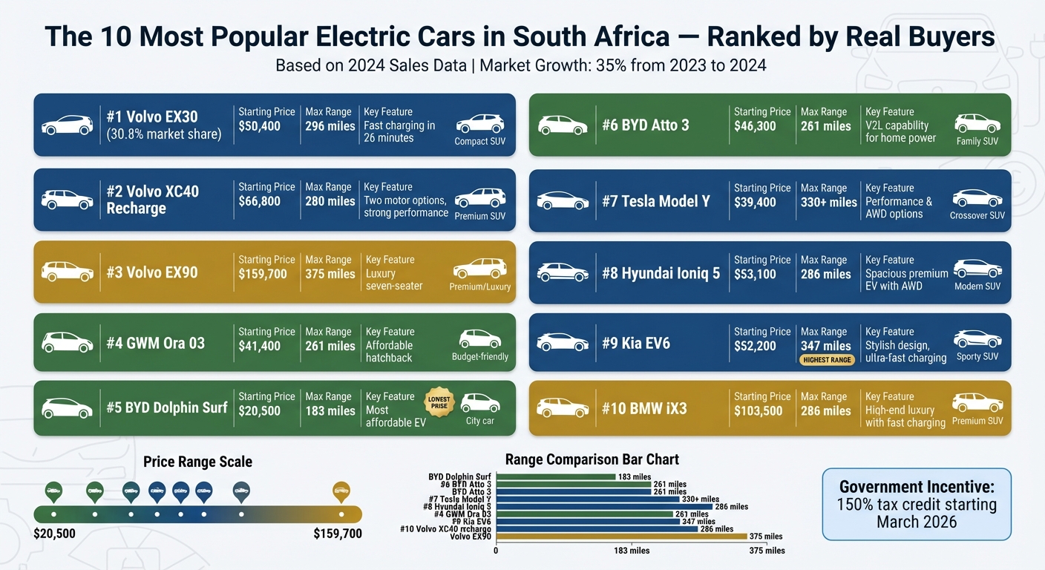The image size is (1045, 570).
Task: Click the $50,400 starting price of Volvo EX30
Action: [x=259, y=126]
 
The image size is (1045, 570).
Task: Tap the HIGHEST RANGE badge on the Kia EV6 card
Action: [x=825, y=360]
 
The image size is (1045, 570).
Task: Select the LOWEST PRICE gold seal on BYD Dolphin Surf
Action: [x=439, y=403]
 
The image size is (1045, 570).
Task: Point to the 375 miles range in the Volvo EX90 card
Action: [x=330, y=274]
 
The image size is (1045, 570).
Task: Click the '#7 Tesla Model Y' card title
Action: [x=655, y=201]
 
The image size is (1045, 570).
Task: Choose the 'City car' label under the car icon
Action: [x=479, y=421]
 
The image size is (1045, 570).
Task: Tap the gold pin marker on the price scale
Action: [x=341, y=491]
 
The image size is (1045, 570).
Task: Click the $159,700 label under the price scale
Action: [x=338, y=534]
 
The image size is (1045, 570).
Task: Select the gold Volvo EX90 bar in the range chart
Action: [x=621, y=537]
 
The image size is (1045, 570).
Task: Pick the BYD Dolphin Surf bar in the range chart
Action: [x=555, y=477]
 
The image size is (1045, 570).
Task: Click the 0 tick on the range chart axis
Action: [x=496, y=551]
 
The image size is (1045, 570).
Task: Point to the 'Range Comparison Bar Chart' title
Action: [x=592, y=459]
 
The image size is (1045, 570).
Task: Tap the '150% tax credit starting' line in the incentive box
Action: [x=917, y=505]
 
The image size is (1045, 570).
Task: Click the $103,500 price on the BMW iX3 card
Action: [x=759, y=410]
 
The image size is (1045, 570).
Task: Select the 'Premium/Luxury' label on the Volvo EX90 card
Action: [x=479, y=286]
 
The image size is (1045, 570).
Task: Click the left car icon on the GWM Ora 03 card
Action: [x=67, y=342]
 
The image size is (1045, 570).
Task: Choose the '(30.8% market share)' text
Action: [x=164, y=134]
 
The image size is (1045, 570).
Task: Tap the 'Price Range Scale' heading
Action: [x=197, y=462]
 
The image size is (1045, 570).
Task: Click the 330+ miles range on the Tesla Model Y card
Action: [x=828, y=202]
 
